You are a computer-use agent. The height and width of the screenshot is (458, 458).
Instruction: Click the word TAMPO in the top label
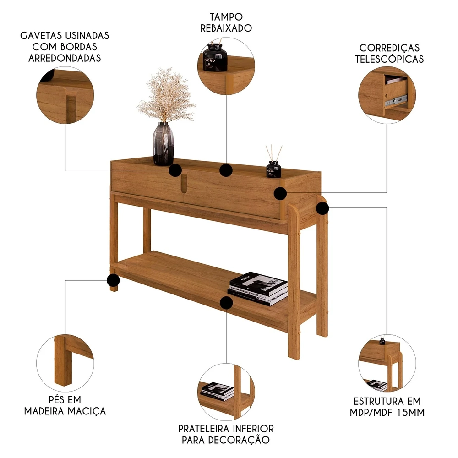click(x=226, y=17)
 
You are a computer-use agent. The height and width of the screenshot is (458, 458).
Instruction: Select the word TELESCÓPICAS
click(x=389, y=59)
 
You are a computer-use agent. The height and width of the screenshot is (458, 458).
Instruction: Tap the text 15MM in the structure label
click(x=411, y=413)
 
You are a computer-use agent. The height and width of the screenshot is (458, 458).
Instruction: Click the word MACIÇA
click(x=87, y=411)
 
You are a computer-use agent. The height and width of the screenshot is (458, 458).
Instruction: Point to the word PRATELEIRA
click(x=204, y=429)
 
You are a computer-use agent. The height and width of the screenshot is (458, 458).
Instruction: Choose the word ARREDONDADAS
click(x=65, y=58)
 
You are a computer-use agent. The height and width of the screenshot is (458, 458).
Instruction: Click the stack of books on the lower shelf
click(x=257, y=289)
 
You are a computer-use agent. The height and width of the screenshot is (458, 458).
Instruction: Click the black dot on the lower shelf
click(x=226, y=303)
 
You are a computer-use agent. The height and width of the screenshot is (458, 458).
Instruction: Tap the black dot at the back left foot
click(x=113, y=280)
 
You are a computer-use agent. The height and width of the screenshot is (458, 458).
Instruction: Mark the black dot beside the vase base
click(x=175, y=170)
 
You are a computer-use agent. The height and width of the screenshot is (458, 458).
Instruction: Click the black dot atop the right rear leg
click(x=322, y=208)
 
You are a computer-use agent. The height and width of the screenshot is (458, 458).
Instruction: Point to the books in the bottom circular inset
click(x=217, y=391)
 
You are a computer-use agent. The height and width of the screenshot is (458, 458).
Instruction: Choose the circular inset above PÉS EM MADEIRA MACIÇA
click(x=65, y=363)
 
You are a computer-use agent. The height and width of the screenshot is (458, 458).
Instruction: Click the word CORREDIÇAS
click(x=389, y=48)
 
